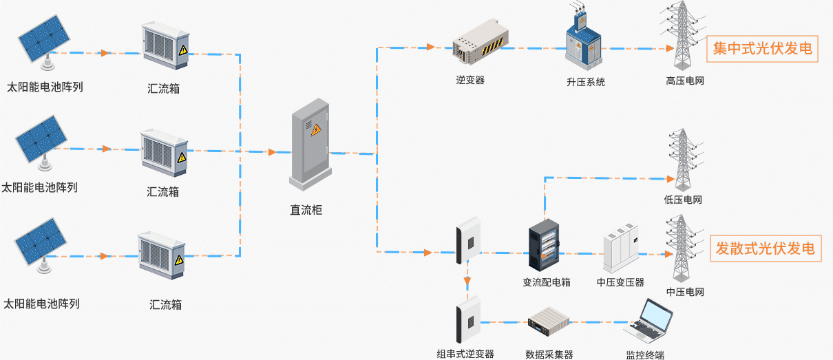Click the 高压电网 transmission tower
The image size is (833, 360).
682,37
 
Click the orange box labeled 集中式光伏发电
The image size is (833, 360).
762,49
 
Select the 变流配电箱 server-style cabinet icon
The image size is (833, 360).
544,244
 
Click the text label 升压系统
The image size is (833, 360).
586,82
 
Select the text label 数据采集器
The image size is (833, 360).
549,354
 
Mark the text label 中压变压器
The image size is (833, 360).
620,282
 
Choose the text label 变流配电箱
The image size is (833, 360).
547,282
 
